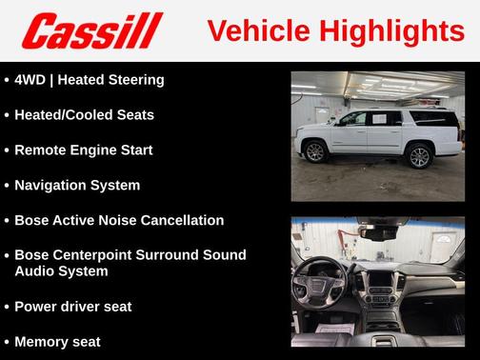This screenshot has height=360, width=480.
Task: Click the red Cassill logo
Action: tap(92, 31)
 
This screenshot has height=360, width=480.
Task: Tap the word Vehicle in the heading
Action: tap(250, 30)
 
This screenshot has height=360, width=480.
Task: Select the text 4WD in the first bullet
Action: tap(32, 80)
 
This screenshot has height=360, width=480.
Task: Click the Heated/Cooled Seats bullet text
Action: tap(84, 115)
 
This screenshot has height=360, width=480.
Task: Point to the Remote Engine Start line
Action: tap(84, 150)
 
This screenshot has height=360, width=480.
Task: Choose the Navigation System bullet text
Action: tap(77, 186)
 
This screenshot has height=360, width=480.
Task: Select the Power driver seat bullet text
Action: tap(73, 307)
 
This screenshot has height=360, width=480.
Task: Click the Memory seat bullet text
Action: tap(57, 342)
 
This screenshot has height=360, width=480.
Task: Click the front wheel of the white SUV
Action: tap(315, 151)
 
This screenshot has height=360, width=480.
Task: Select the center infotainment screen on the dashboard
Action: tap(379, 282)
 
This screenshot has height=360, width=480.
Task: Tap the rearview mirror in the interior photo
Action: tap(382, 232)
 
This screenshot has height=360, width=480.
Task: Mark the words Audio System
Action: tap(60, 271)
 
